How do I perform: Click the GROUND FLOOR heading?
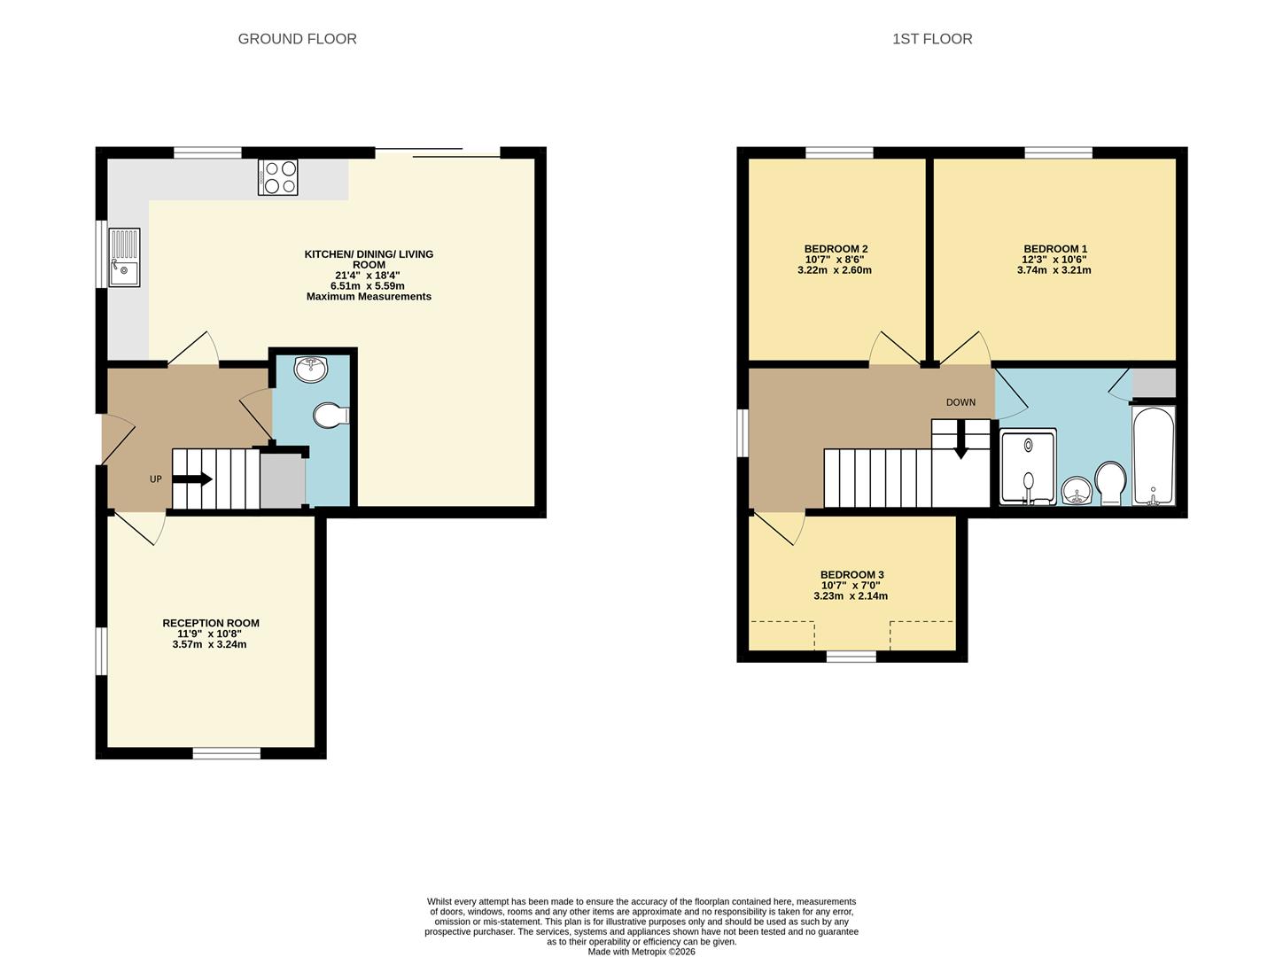(297, 39)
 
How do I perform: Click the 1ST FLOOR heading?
(932, 39)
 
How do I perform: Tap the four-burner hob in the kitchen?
(278, 176)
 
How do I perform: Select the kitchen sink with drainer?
(124, 258)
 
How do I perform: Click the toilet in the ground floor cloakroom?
(330, 415)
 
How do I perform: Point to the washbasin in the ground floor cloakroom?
(311, 370)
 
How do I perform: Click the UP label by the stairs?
(155, 479)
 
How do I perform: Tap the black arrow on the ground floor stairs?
(193, 479)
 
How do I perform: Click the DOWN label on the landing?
(960, 402)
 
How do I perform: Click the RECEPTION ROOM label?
(211, 623)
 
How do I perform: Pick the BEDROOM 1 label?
(1054, 249)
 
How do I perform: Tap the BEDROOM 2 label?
(835, 249)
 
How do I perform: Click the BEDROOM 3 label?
(851, 575)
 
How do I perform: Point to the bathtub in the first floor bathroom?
(1153, 455)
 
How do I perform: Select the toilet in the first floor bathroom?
(1110, 482)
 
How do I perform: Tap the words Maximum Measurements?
(369, 297)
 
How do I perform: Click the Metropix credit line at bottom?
(641, 952)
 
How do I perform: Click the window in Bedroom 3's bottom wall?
(851, 657)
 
